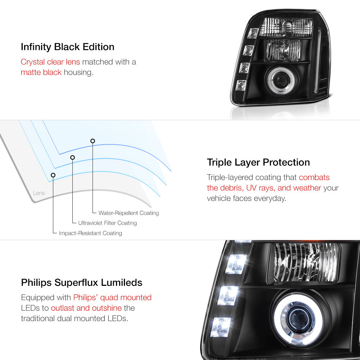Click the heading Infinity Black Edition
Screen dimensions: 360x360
[x=68, y=47]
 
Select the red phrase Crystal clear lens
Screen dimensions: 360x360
[x=50, y=62]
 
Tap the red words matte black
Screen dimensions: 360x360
[x=41, y=72]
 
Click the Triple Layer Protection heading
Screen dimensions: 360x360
[x=258, y=162]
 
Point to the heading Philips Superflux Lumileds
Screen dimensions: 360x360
[x=81, y=283]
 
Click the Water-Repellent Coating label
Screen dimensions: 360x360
[x=129, y=213]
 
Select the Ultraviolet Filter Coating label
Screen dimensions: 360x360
[x=107, y=223]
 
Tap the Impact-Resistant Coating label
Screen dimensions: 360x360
[x=90, y=233]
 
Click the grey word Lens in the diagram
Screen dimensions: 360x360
[x=39, y=193]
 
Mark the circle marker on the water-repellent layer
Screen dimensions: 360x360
[x=93, y=141]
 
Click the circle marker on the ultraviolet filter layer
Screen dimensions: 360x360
[x=73, y=158]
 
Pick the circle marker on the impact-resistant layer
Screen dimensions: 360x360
[x=53, y=175]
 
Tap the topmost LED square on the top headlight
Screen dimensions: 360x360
[x=253, y=33]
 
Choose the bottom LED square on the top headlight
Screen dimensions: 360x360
[x=241, y=85]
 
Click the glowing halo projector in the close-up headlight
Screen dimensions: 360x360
[x=298, y=320]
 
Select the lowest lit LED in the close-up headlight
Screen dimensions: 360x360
[x=221, y=327]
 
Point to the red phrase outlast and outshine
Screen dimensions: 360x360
[x=86, y=308]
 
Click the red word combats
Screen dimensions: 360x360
[x=314, y=177]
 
